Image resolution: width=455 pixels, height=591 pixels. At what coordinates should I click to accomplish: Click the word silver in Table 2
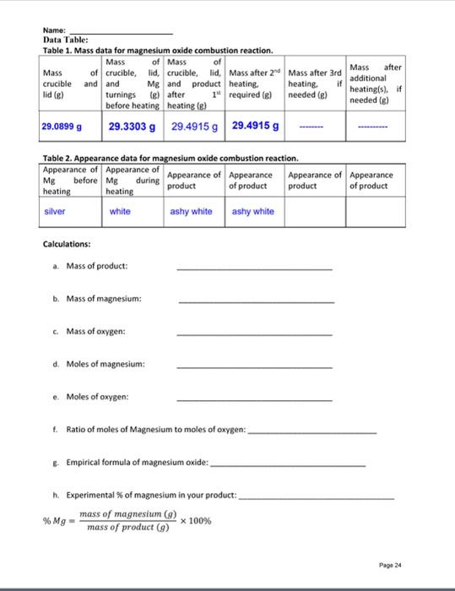click(x=56, y=211)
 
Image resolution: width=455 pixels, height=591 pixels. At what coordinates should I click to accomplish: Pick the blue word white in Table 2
click(x=120, y=211)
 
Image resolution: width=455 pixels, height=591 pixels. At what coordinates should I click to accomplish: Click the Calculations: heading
click(x=67, y=244)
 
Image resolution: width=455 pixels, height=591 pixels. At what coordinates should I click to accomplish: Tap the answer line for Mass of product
click(x=254, y=269)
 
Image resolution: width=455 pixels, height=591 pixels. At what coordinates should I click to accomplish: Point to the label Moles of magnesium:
click(x=106, y=364)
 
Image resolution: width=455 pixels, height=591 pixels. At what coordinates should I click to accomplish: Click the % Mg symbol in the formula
click(x=54, y=521)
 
